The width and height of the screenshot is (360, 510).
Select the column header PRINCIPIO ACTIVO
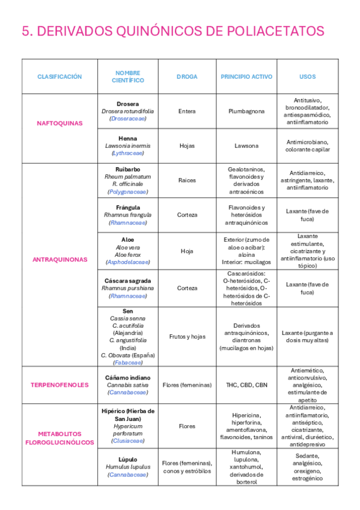[246, 77]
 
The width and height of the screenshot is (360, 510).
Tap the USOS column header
[307, 77]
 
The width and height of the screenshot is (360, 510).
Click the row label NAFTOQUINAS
[59, 123]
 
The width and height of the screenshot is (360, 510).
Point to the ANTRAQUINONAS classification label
[59, 260]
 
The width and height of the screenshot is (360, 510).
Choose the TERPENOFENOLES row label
[59, 385]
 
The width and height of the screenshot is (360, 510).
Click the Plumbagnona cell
[246, 111]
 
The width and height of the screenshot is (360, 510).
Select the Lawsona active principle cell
[246, 146]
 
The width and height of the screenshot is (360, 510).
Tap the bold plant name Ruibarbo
[127, 169]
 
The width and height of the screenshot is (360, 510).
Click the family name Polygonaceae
[127, 192]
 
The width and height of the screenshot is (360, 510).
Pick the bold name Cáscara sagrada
[127, 280]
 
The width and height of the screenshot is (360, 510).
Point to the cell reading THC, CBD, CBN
[246, 385]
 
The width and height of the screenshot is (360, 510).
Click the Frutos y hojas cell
[187, 337]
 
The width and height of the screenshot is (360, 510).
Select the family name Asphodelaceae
[127, 262]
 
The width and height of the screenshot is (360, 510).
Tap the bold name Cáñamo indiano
[127, 377]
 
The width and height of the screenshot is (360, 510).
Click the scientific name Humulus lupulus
[127, 467]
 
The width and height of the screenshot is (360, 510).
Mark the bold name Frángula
[127, 207]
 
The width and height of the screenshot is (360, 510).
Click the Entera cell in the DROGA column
[187, 111]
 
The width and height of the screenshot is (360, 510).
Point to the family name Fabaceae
[127, 363]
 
